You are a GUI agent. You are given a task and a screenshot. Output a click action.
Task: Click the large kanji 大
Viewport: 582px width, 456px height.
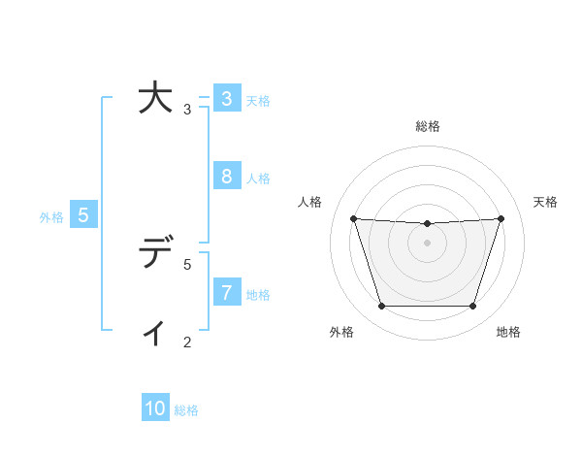point(155,99)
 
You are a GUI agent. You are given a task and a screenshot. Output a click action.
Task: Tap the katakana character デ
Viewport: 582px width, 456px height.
point(155,254)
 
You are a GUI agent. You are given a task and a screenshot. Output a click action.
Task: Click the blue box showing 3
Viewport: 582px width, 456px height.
point(226,99)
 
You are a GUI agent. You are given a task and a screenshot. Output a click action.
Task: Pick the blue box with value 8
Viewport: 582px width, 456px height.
point(226,177)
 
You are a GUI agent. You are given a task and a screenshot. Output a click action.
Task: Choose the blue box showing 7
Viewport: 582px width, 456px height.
point(226,292)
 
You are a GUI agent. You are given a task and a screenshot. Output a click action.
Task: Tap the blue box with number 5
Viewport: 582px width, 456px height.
point(83,215)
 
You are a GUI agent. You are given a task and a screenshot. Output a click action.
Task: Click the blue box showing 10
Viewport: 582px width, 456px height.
point(155,408)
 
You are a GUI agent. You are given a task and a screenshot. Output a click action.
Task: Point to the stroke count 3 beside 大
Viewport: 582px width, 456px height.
point(187,110)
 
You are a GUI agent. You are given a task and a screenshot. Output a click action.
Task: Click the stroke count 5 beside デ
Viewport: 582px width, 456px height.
point(187,264)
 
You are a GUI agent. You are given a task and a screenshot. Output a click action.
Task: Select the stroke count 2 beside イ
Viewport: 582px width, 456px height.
point(187,342)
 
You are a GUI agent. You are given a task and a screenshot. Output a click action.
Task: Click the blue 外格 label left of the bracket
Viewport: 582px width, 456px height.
point(51,217)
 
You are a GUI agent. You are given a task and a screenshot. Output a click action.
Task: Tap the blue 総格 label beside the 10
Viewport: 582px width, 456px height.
point(186,410)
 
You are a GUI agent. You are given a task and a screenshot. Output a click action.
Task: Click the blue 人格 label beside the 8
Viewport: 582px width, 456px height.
point(258,179)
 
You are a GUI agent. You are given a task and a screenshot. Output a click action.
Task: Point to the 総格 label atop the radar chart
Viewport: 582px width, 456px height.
point(427,126)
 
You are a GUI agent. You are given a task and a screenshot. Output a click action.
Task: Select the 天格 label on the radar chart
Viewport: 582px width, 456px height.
point(545,202)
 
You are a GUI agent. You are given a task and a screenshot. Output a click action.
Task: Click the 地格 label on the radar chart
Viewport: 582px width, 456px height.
point(508,332)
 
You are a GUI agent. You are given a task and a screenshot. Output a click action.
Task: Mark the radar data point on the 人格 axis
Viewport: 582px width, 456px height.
point(353,218)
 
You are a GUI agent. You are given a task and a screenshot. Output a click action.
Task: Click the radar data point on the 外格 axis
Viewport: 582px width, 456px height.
point(381,307)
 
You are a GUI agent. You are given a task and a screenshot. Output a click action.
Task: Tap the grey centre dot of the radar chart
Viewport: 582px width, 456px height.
point(427,243)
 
